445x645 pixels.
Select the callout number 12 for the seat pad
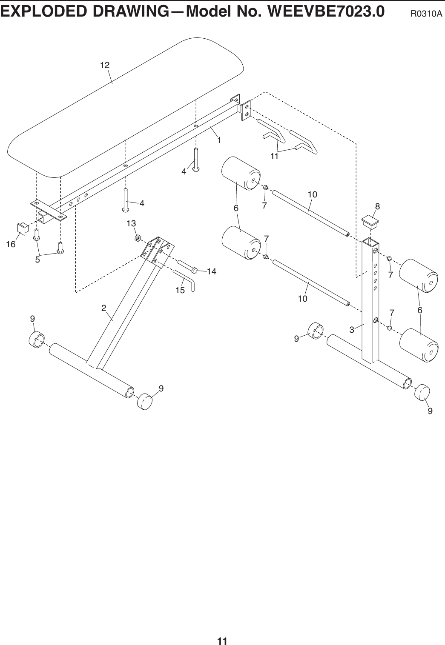pyautogui.click(x=105, y=65)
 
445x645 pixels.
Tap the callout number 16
pyautogui.click(x=10, y=244)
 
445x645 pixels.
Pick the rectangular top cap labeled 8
pyautogui.click(x=370, y=222)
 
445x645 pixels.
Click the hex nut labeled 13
pyautogui.click(x=138, y=237)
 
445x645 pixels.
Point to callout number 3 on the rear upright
pyautogui.click(x=352, y=329)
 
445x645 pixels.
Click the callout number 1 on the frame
pyautogui.click(x=219, y=140)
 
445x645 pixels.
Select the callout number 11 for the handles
pyautogui.click(x=274, y=156)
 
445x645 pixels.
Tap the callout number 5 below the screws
pyautogui.click(x=37, y=259)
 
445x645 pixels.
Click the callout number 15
pyautogui.click(x=180, y=291)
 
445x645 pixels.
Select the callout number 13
pyautogui.click(x=131, y=223)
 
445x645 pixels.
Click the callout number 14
pyautogui.click(x=211, y=271)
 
